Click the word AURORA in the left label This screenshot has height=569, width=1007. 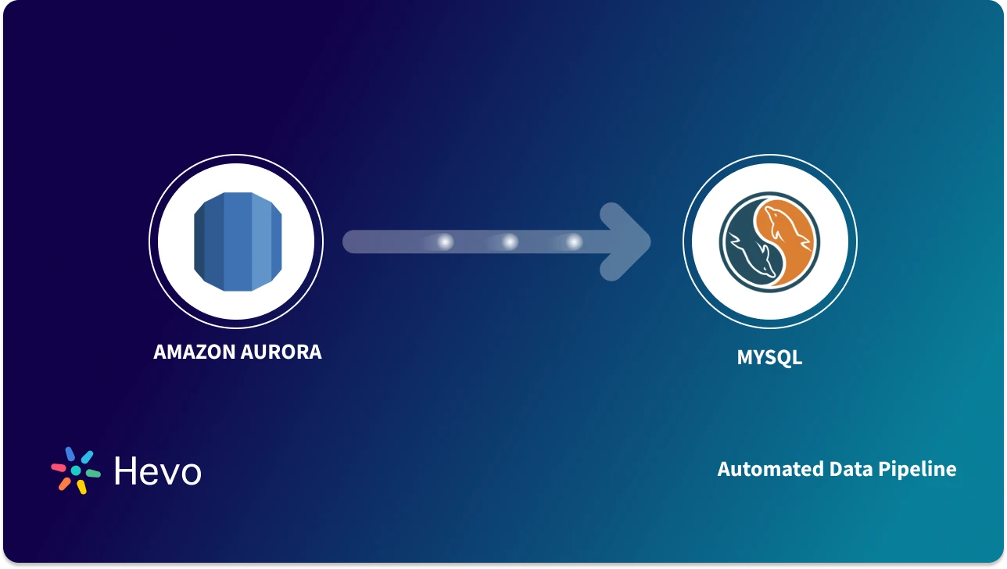(x=285, y=352)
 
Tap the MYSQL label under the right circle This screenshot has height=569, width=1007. (x=769, y=358)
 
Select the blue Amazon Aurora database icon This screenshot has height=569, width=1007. (x=235, y=242)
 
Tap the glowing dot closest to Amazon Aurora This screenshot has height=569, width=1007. (x=445, y=242)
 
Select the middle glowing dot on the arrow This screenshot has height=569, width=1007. (x=510, y=242)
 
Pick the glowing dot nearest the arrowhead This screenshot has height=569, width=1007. (x=574, y=242)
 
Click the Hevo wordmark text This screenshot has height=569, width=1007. (x=157, y=471)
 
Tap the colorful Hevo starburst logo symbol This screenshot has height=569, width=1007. (x=76, y=471)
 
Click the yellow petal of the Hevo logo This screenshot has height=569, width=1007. (x=81, y=487)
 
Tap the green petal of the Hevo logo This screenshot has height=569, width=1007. (x=93, y=473)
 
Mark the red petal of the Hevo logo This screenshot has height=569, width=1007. (x=59, y=468)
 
